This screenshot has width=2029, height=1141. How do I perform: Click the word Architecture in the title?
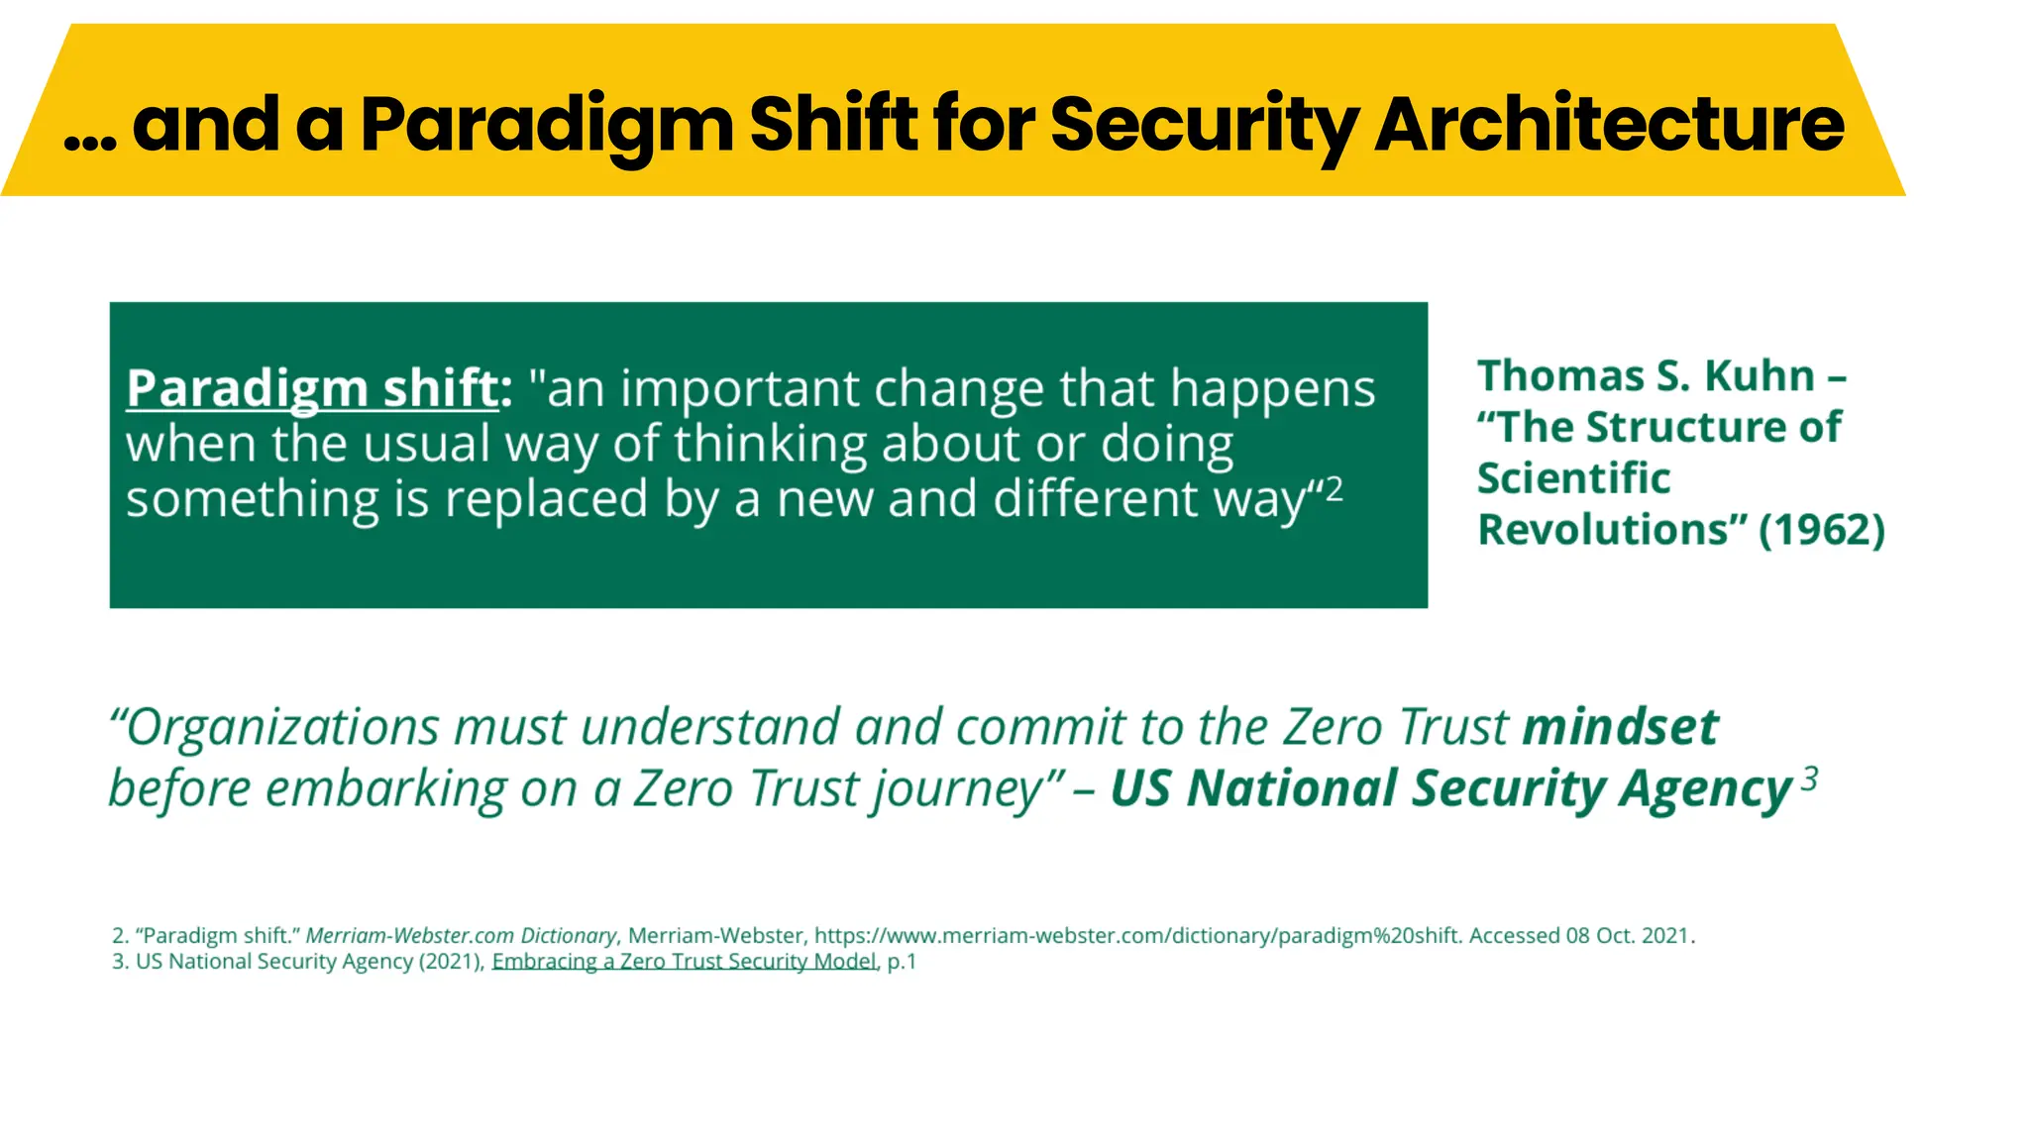click(x=1609, y=126)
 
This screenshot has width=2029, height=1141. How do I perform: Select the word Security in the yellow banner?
click(x=1203, y=126)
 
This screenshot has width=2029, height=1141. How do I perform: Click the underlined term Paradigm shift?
click(x=311, y=388)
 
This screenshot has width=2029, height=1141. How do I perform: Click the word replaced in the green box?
click(x=546, y=498)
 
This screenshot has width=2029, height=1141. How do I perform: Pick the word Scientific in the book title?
click(x=1573, y=478)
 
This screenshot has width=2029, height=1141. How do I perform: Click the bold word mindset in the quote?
click(x=1620, y=727)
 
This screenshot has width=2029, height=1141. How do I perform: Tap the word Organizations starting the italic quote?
click(x=282, y=728)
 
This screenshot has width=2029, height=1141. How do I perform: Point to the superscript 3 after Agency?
click(x=1809, y=778)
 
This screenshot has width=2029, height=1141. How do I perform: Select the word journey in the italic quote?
click(x=955, y=789)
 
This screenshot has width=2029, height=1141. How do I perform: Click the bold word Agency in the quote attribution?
click(x=1705, y=789)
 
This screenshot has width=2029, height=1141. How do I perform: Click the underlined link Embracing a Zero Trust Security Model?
click(x=684, y=962)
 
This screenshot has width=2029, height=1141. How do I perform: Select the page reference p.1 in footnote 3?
click(x=902, y=962)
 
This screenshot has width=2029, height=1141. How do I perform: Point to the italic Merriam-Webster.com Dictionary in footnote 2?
click(x=461, y=936)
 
